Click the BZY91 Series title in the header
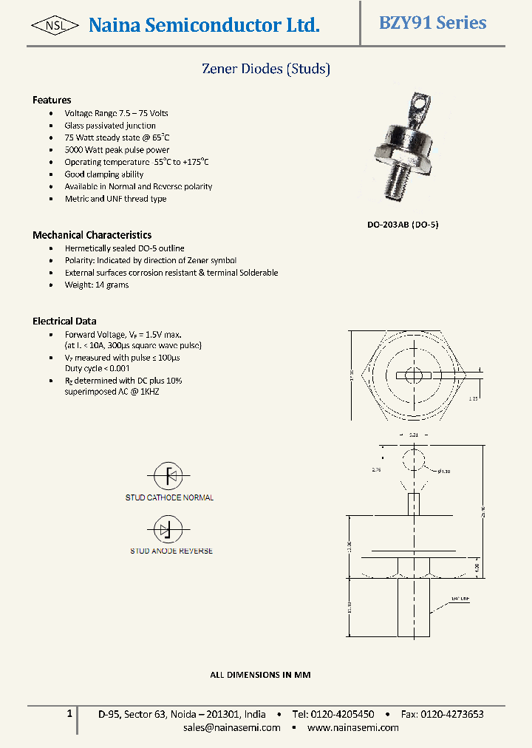tap(432, 23)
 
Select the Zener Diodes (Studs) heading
tap(266, 69)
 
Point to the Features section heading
tap(52, 100)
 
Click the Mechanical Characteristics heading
tap(92, 235)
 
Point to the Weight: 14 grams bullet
tap(96, 285)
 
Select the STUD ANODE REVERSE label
tap(171, 551)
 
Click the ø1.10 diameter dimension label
tap(444, 472)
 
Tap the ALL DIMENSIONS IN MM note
tap(260, 675)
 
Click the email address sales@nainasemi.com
tap(232, 727)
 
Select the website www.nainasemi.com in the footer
tap(352, 727)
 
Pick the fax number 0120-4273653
tap(451, 714)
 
